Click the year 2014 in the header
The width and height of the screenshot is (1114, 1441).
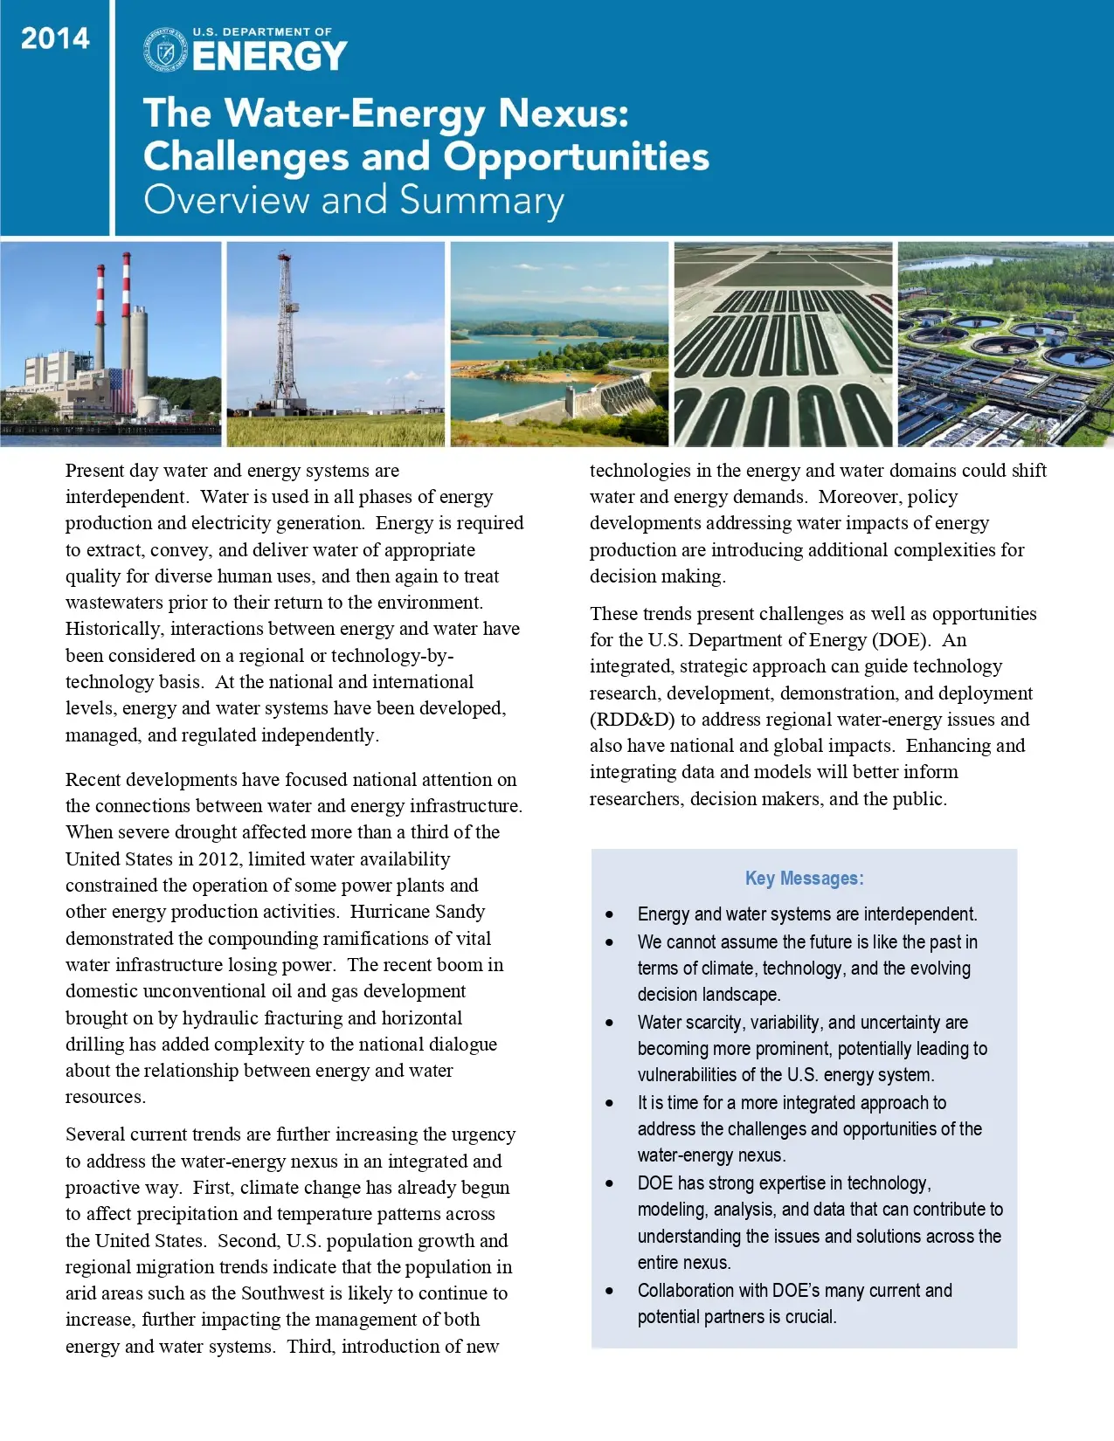coord(55,38)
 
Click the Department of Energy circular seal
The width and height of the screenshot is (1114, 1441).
coord(164,50)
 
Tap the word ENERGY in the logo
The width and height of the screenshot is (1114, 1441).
coord(269,58)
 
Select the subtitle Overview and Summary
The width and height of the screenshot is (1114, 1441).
coord(353,200)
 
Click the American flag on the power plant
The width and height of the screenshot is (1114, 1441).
coord(121,390)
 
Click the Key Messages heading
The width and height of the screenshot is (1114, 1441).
coord(804,879)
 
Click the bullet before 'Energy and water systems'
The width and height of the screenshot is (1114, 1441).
coord(610,914)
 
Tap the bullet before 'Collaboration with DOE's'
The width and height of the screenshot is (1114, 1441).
coord(610,1291)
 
